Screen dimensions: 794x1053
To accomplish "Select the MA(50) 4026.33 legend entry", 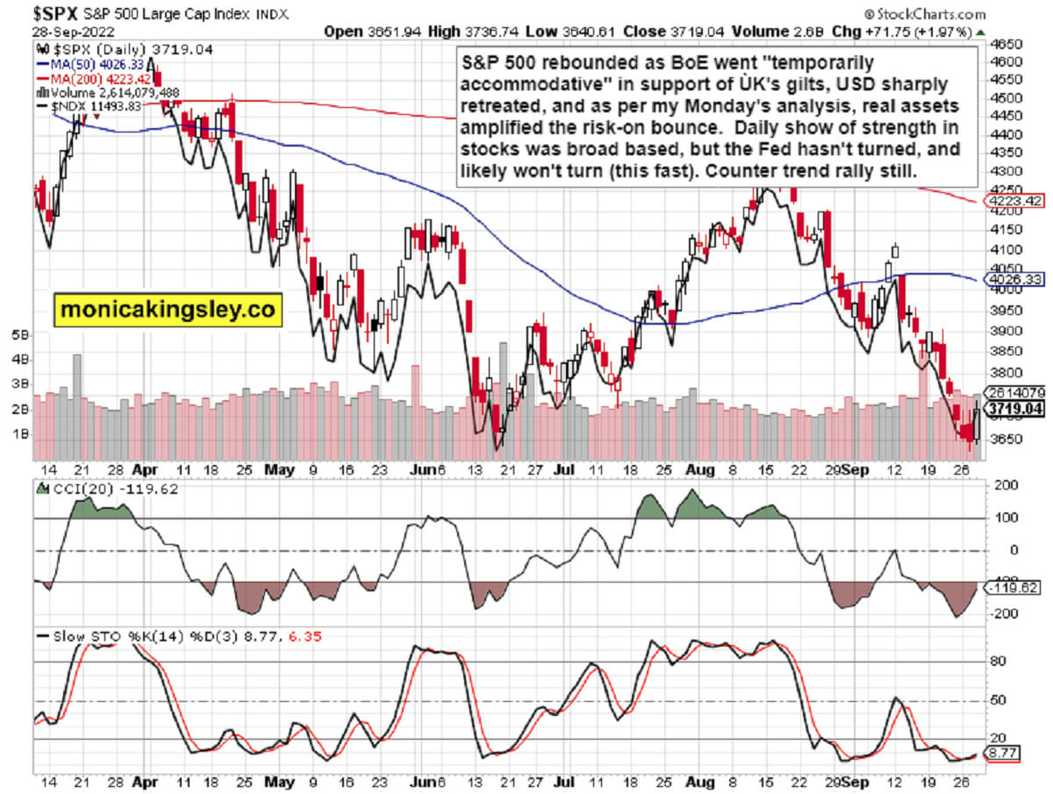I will (x=78, y=64).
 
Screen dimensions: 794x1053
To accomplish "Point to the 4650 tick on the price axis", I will (x=1006, y=44).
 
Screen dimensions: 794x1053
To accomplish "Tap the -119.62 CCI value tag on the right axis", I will (x=1015, y=587).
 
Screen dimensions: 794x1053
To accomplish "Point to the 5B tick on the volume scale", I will (x=19, y=335).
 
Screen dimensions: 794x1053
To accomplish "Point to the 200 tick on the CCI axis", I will (x=999, y=484).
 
